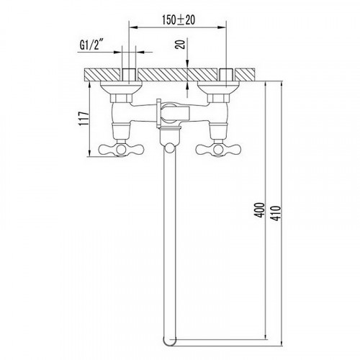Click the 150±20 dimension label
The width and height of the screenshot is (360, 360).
pyautogui.click(x=179, y=19)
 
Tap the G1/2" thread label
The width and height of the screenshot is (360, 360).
pyautogui.click(x=91, y=44)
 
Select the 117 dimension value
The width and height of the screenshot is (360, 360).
pyautogui.click(x=84, y=119)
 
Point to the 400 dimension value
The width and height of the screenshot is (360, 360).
pyautogui.click(x=259, y=210)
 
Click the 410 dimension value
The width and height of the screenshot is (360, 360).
pyautogui.click(x=276, y=213)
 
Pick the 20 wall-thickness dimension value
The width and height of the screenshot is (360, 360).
pyautogui.click(x=181, y=45)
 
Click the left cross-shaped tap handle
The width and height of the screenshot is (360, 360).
pyautogui.click(x=121, y=150)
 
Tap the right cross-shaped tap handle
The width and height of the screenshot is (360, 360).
pyautogui.click(x=218, y=150)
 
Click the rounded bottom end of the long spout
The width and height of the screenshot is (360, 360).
pyautogui.click(x=169, y=341)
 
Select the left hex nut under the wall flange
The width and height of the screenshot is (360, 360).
pyautogui.click(x=121, y=98)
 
